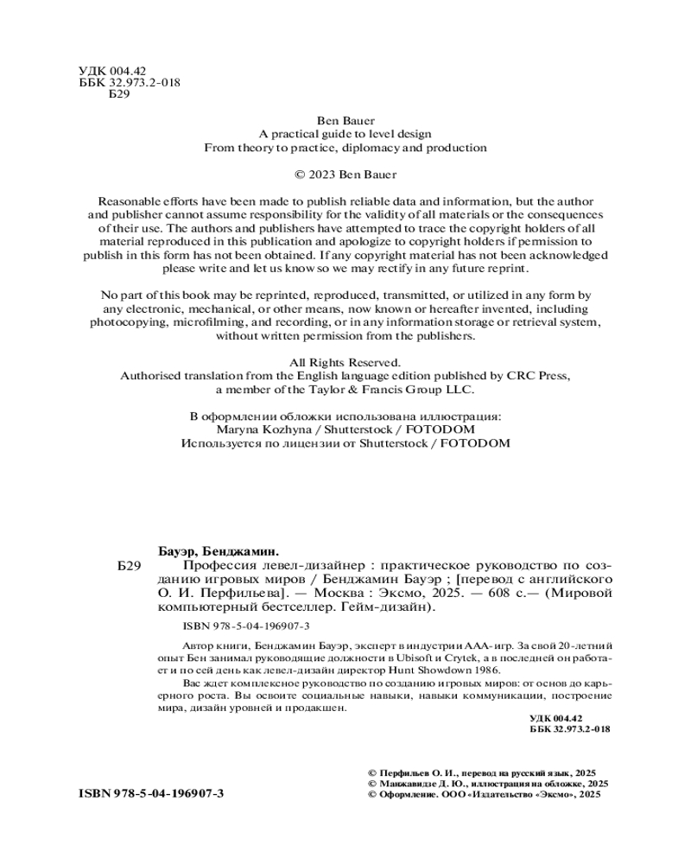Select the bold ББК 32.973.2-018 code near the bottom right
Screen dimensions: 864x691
pyautogui.click(x=569, y=728)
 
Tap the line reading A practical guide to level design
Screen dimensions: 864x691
pyautogui.click(x=345, y=134)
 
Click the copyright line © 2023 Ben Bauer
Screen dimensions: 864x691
pyautogui.click(x=345, y=174)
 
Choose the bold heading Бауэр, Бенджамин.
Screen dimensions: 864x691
pyautogui.click(x=222, y=550)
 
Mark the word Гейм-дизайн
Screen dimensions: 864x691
pyautogui.click(x=386, y=607)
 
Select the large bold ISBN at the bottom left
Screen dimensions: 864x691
pyautogui.click(x=151, y=792)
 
